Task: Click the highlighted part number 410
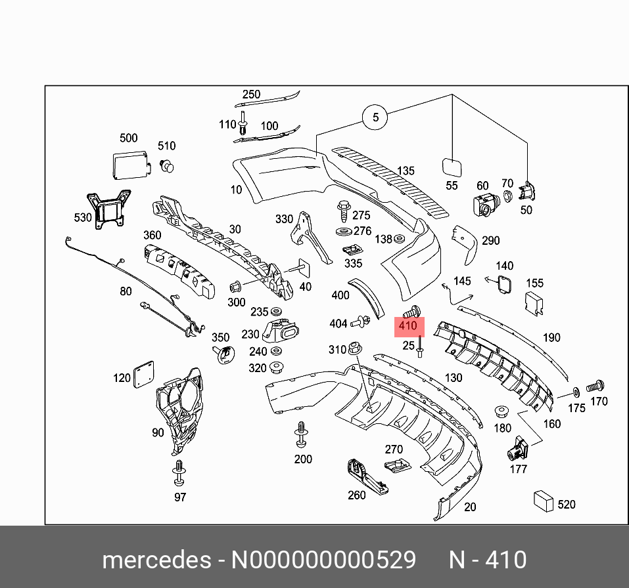point(408,326)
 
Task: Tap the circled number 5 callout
point(375,117)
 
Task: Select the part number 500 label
point(128,138)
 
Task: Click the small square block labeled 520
point(544,501)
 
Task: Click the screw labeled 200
point(302,435)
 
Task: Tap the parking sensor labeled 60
point(484,205)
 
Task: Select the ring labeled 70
point(507,196)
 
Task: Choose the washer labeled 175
point(576,392)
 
